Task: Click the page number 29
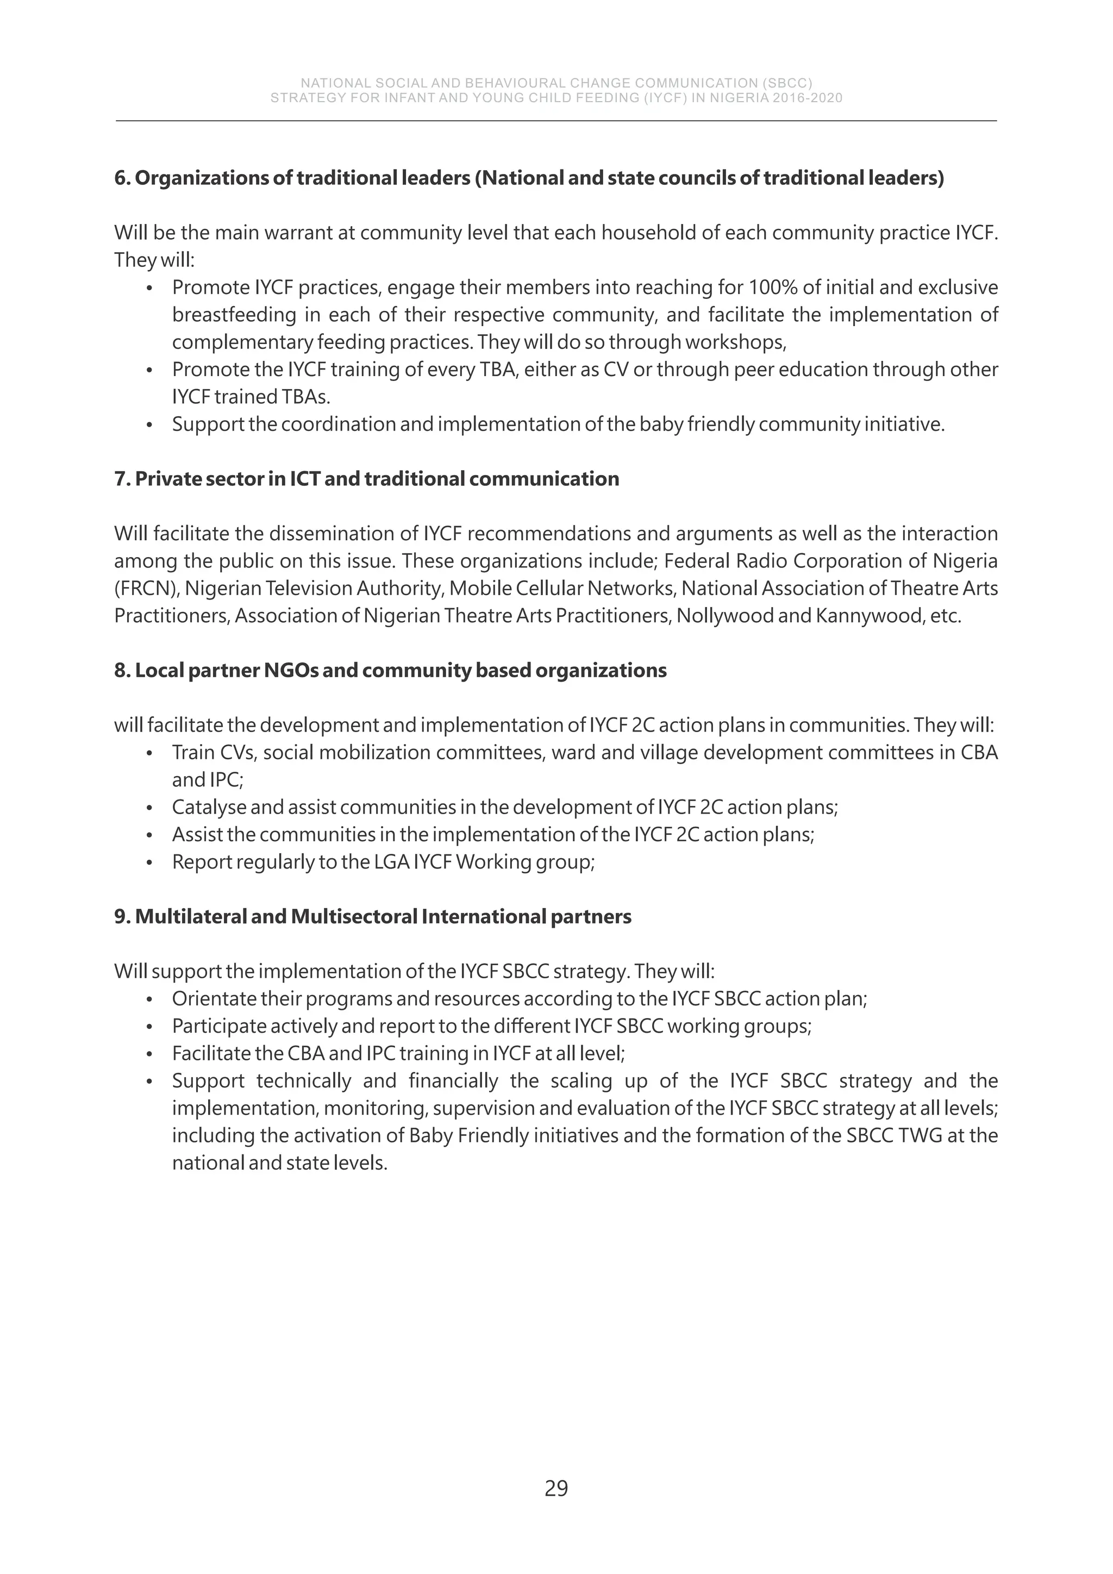pos(556,1488)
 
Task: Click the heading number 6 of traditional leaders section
pos(121,178)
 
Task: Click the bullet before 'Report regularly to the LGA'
pos(149,863)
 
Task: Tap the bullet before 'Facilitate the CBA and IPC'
pos(149,1054)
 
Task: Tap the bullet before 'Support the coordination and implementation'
pos(149,425)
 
